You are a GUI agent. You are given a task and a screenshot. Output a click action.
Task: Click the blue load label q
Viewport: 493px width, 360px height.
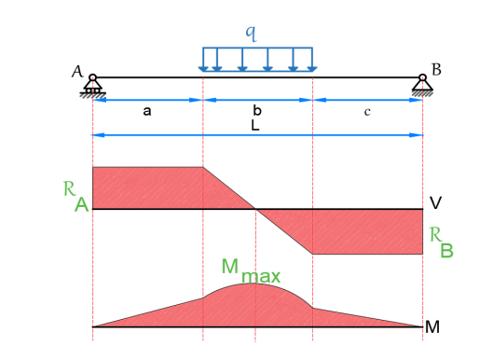(252, 34)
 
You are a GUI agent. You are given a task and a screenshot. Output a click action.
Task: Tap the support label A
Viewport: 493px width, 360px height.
(77, 72)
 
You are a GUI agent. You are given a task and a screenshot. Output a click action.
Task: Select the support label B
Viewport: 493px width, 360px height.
(436, 70)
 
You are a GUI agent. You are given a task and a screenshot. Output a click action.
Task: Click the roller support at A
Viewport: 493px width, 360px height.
(93, 84)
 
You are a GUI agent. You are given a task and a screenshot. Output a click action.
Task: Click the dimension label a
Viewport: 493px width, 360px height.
(147, 111)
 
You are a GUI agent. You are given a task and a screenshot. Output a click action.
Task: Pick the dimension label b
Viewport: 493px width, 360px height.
(257, 110)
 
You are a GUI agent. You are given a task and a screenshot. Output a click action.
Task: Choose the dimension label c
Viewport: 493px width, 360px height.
(367, 112)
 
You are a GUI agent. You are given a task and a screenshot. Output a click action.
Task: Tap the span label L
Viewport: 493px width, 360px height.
(255, 126)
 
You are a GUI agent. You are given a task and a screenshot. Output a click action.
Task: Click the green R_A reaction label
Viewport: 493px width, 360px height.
(76, 197)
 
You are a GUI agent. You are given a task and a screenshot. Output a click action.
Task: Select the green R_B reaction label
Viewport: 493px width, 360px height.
(442, 242)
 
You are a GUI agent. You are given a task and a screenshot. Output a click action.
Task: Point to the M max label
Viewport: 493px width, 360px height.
(251, 271)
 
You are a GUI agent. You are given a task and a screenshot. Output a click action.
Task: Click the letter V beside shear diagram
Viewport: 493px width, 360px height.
(435, 203)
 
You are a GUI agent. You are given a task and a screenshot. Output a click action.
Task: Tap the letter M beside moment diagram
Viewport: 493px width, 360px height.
(432, 327)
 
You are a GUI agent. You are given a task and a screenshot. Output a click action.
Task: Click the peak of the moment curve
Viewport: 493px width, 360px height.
(253, 284)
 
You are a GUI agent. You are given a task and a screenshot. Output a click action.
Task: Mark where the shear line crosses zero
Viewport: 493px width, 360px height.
(255, 209)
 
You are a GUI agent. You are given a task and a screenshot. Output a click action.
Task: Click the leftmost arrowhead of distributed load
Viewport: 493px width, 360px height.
(203, 69)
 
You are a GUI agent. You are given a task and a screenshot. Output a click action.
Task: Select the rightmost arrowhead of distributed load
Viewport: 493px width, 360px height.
(312, 69)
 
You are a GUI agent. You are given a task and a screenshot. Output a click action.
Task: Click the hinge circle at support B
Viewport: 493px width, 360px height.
(422, 77)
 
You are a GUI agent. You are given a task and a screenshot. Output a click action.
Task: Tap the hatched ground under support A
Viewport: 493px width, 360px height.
(93, 95)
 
